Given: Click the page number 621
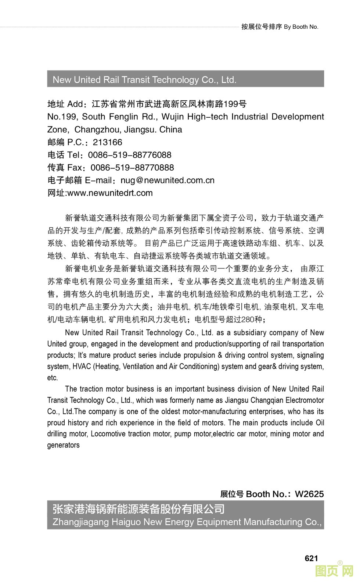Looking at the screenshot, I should coord(311,558).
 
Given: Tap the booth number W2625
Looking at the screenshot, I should coord(309,494).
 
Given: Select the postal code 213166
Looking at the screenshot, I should coord(107,142).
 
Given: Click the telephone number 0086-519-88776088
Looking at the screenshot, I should coord(130,155).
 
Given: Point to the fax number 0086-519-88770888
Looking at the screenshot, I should coord(132,168).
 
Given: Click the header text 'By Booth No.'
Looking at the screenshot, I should coord(301,27).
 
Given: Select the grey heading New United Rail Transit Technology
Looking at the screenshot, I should coord(144,79).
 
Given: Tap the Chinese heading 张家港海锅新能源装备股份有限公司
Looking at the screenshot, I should coord(138,509).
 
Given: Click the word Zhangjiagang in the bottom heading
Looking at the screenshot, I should coord(80,522).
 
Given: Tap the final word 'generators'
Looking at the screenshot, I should coord(63,445).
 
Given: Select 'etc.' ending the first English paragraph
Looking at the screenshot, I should coord(53,378).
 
